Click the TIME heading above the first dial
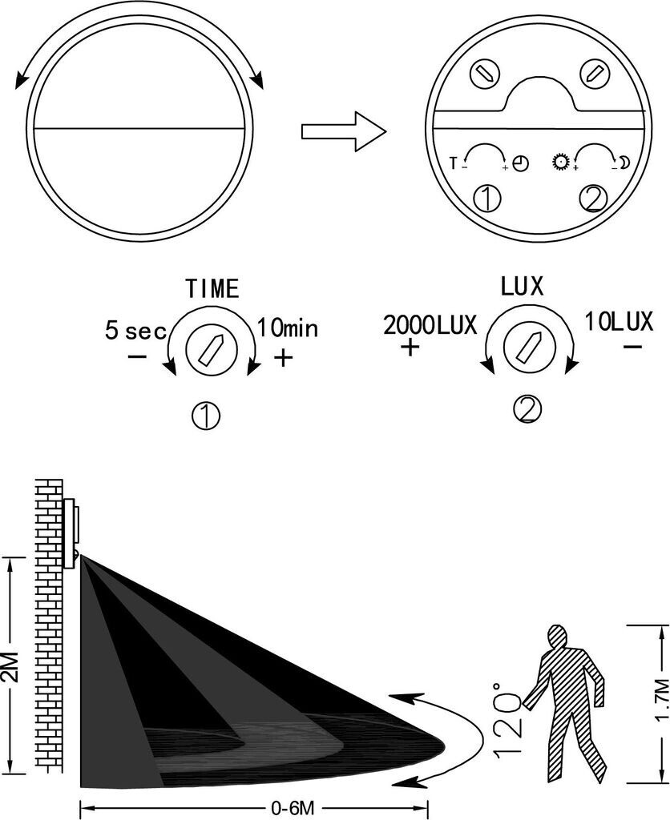212,288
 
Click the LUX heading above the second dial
522,286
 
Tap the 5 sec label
135,331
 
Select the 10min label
288,328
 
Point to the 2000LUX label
430,325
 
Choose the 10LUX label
619,322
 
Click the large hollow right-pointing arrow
344,131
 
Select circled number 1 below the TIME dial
206,416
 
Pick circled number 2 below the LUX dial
527,409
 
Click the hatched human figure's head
558,637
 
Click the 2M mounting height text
11,667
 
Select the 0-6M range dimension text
293,808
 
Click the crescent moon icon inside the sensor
624,163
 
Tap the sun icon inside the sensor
559,161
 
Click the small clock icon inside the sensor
521,163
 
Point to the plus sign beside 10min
283,358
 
